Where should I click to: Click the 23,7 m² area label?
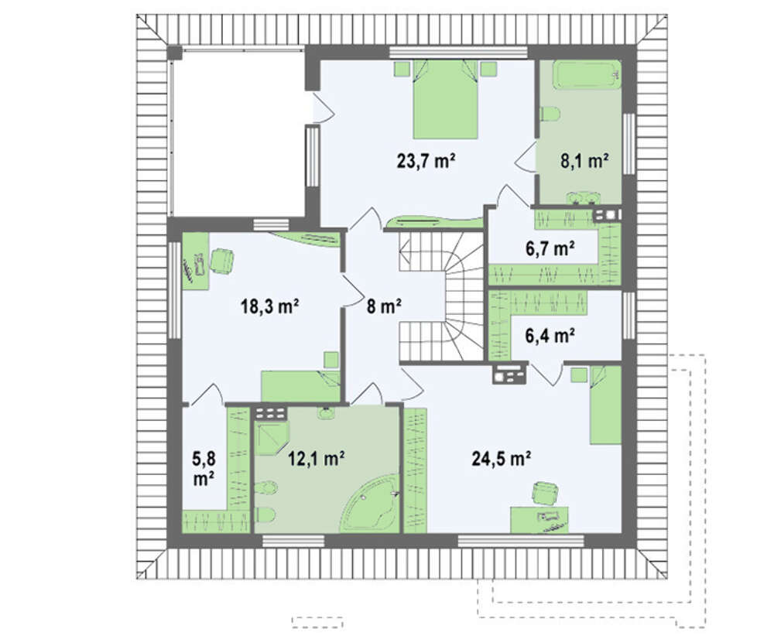coord(426,161)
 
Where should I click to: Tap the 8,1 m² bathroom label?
coord(584,161)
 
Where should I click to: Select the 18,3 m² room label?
coord(269,306)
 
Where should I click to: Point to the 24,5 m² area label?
coord(501,458)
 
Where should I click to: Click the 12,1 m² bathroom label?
coord(316,458)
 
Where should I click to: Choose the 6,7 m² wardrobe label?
coord(550,248)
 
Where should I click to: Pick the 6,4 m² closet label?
coord(550,336)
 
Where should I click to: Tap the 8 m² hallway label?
coord(384,306)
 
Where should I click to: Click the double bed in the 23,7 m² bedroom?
coord(445,99)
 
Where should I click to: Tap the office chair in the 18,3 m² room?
coord(221,261)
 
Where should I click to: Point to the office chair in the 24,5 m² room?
coord(545,494)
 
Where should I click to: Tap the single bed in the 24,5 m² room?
coord(605,405)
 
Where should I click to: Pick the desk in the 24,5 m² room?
coord(539,519)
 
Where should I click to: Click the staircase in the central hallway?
coord(441,296)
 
